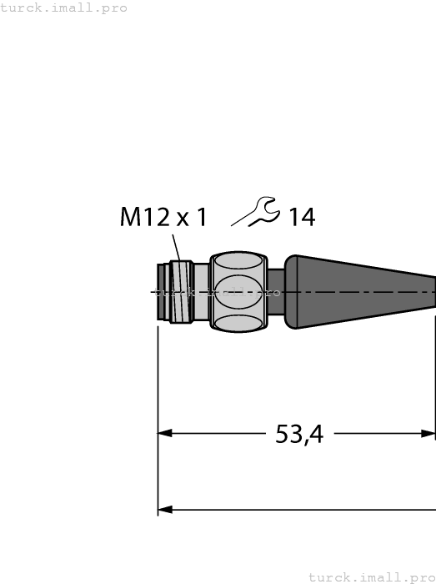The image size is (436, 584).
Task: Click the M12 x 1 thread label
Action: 163,218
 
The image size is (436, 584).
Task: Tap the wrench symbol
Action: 256,212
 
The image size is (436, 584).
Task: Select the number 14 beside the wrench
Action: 301,218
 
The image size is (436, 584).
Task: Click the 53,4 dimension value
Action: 299,434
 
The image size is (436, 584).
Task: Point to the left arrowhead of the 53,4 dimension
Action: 165,433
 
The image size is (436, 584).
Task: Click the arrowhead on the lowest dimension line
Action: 165,510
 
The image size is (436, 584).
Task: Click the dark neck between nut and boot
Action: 275,292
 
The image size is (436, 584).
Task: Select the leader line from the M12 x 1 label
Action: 177,249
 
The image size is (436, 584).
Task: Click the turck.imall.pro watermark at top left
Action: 64,8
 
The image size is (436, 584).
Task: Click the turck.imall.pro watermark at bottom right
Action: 372,576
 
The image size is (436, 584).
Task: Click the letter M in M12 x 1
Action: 132,218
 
